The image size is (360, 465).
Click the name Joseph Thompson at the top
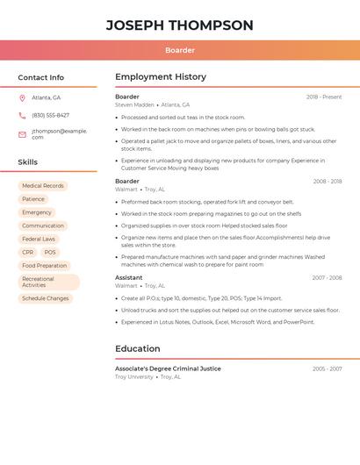180,25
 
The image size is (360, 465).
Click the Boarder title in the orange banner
180,50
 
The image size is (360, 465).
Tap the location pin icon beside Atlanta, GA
22,97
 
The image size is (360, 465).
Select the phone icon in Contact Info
22,115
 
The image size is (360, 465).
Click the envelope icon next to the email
22,134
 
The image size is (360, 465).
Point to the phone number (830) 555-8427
50,115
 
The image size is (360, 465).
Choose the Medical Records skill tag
43,186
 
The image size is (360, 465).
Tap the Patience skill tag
33,199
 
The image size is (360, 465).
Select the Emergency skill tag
37,212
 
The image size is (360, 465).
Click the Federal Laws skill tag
39,239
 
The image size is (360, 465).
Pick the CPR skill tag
28,252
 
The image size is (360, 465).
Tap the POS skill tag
50,252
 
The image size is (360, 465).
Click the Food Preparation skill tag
44,265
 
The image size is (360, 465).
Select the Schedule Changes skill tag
46,298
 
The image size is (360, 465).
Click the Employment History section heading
161,76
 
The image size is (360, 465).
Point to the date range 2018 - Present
324,97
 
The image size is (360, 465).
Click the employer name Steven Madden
134,104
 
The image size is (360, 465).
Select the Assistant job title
128,277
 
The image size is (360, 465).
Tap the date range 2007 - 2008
327,277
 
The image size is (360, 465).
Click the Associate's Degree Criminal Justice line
168,368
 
